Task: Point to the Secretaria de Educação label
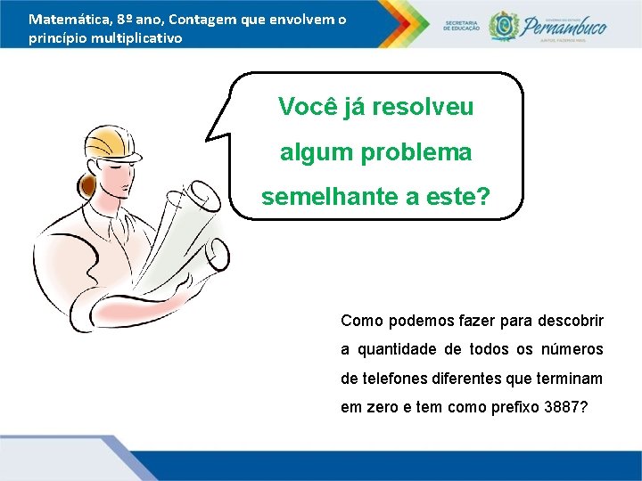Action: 461,24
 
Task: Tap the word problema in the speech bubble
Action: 416,152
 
